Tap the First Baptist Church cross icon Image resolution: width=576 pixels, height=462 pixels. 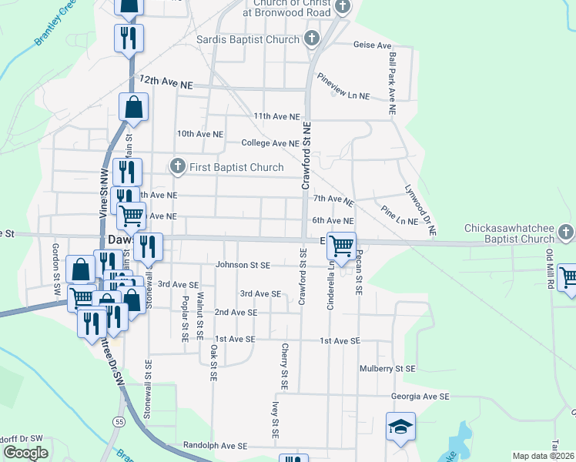click(x=178, y=166)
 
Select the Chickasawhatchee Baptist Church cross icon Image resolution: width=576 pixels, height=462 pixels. click(x=565, y=231)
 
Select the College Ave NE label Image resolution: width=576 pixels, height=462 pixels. click(x=270, y=143)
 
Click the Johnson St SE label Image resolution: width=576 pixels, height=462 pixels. click(x=242, y=265)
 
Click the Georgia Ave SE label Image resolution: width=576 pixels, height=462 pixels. click(x=420, y=397)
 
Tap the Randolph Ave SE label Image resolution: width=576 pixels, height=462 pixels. click(x=215, y=446)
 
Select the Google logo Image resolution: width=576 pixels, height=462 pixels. click(x=25, y=453)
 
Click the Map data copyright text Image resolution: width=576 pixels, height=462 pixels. click(x=544, y=456)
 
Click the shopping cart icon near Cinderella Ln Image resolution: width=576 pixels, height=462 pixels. click(x=341, y=246)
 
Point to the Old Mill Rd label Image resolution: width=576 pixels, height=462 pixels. click(x=550, y=266)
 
